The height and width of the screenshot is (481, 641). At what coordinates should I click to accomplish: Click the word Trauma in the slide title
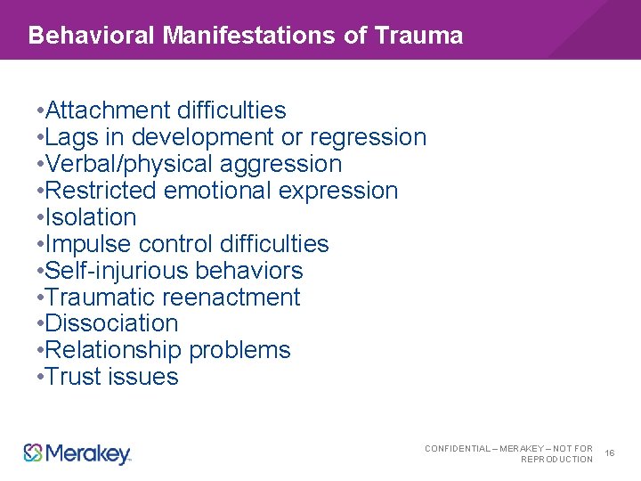[419, 36]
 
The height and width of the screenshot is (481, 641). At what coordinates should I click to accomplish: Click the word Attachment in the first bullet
[108, 110]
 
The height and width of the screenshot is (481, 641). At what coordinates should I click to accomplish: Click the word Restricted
[100, 191]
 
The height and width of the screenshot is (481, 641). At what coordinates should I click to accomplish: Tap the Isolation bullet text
[91, 217]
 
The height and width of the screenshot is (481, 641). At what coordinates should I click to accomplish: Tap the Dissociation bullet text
[111, 323]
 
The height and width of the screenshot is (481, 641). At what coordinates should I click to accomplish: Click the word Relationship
[116, 350]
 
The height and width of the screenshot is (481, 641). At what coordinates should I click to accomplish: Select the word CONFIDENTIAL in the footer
[457, 448]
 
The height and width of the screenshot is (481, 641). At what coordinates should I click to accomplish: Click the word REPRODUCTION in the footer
[556, 460]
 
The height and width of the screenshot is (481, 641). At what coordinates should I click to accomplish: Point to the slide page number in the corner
[610, 453]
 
